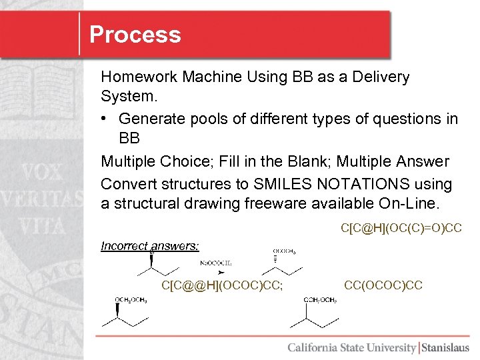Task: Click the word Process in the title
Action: [x=135, y=35]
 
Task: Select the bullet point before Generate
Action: [x=106, y=119]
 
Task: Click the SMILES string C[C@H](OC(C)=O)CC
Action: [x=401, y=229]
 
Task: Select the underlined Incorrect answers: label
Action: [x=150, y=246]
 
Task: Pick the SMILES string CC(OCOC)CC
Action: [x=383, y=285]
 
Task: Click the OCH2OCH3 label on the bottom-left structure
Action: [x=131, y=301]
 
